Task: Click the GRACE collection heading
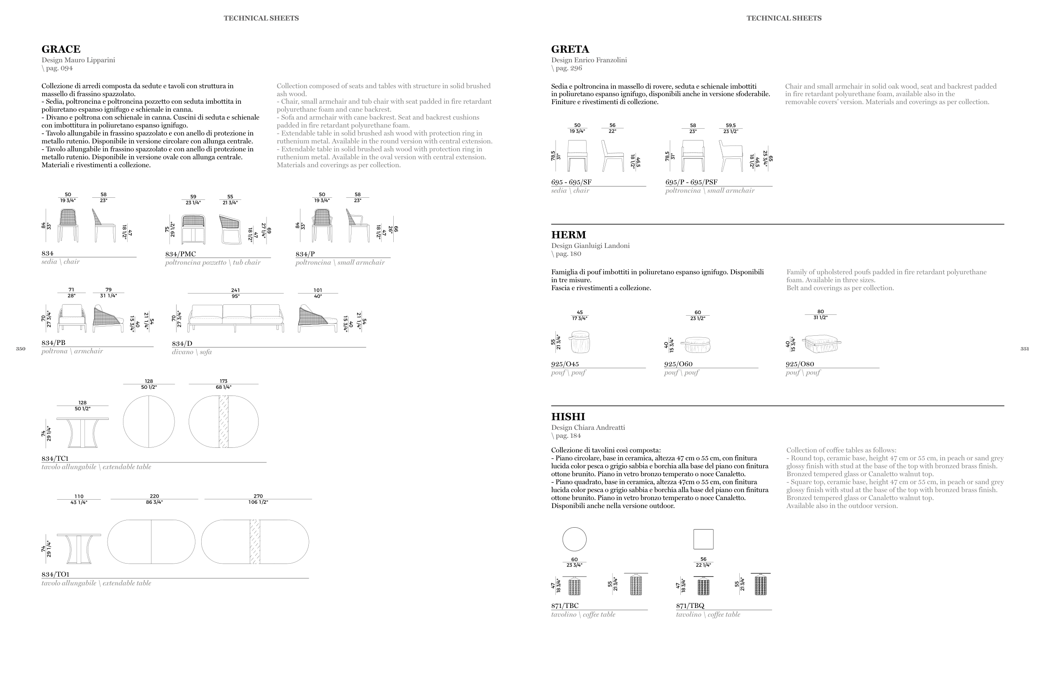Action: pos(61,49)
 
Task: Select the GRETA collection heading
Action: pos(570,49)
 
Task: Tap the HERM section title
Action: pos(568,235)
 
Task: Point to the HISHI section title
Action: pos(568,416)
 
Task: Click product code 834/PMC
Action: pos(180,254)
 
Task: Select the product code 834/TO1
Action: pos(55,574)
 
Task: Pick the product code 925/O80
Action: pos(800,364)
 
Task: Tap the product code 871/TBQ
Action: pos(690,605)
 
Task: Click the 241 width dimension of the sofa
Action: pos(235,290)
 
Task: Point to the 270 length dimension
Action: pos(258,496)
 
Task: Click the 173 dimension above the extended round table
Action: pos(223,381)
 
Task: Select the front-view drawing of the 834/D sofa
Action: pos(236,318)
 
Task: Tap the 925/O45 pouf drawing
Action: pos(579,342)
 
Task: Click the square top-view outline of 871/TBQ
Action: pos(703,539)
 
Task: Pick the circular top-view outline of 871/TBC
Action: pos(574,539)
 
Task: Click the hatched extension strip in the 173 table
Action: pos(223,421)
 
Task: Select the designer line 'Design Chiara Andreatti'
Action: pos(588,428)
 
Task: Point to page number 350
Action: pos(21,349)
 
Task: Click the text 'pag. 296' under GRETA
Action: pos(568,68)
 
